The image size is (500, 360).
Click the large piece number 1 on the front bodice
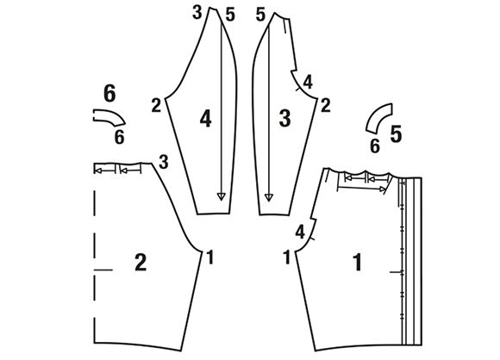click(358, 262)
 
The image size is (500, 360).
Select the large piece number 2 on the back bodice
click(141, 263)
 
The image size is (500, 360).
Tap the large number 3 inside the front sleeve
click(284, 118)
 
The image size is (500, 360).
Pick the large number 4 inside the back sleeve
click(206, 120)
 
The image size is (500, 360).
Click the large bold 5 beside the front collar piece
click(396, 133)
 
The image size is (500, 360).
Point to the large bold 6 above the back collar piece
click(109, 94)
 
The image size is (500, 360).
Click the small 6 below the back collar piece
click(119, 137)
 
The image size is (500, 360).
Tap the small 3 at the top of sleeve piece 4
click(197, 13)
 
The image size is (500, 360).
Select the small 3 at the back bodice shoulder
click(164, 162)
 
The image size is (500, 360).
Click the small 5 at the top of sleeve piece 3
click(260, 15)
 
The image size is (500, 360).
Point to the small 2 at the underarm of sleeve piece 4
click(156, 105)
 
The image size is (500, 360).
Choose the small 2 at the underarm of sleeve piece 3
click(325, 105)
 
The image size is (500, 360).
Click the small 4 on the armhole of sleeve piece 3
click(308, 82)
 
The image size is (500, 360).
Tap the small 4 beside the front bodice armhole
click(300, 232)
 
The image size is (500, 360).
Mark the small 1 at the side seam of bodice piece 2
click(209, 258)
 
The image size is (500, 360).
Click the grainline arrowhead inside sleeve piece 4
click(221, 196)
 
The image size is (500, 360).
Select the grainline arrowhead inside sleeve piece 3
click(269, 197)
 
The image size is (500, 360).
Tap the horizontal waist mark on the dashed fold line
click(103, 270)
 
